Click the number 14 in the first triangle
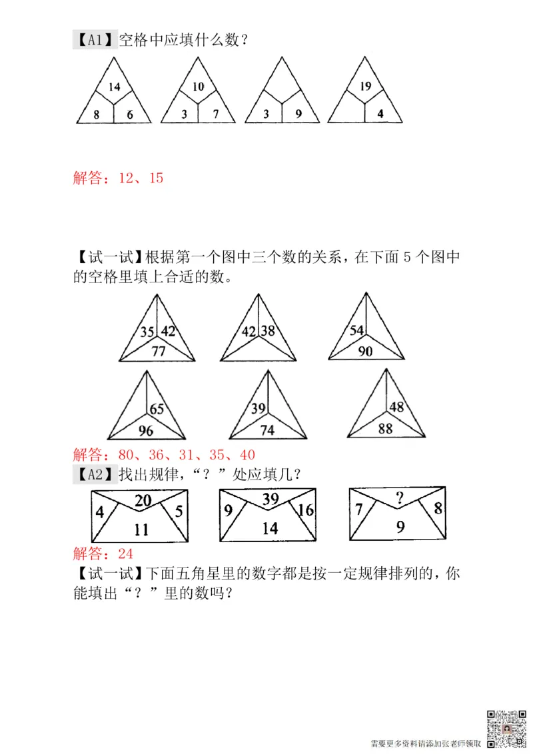coord(114,87)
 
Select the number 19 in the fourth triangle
coord(364,86)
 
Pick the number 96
coord(145,430)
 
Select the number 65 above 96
coord(157,409)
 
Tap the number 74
coord(266,430)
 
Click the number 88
coord(385,429)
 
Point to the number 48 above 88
coord(397,407)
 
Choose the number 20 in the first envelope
coord(142,501)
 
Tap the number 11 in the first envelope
coord(141,530)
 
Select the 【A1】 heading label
coord(95,41)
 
